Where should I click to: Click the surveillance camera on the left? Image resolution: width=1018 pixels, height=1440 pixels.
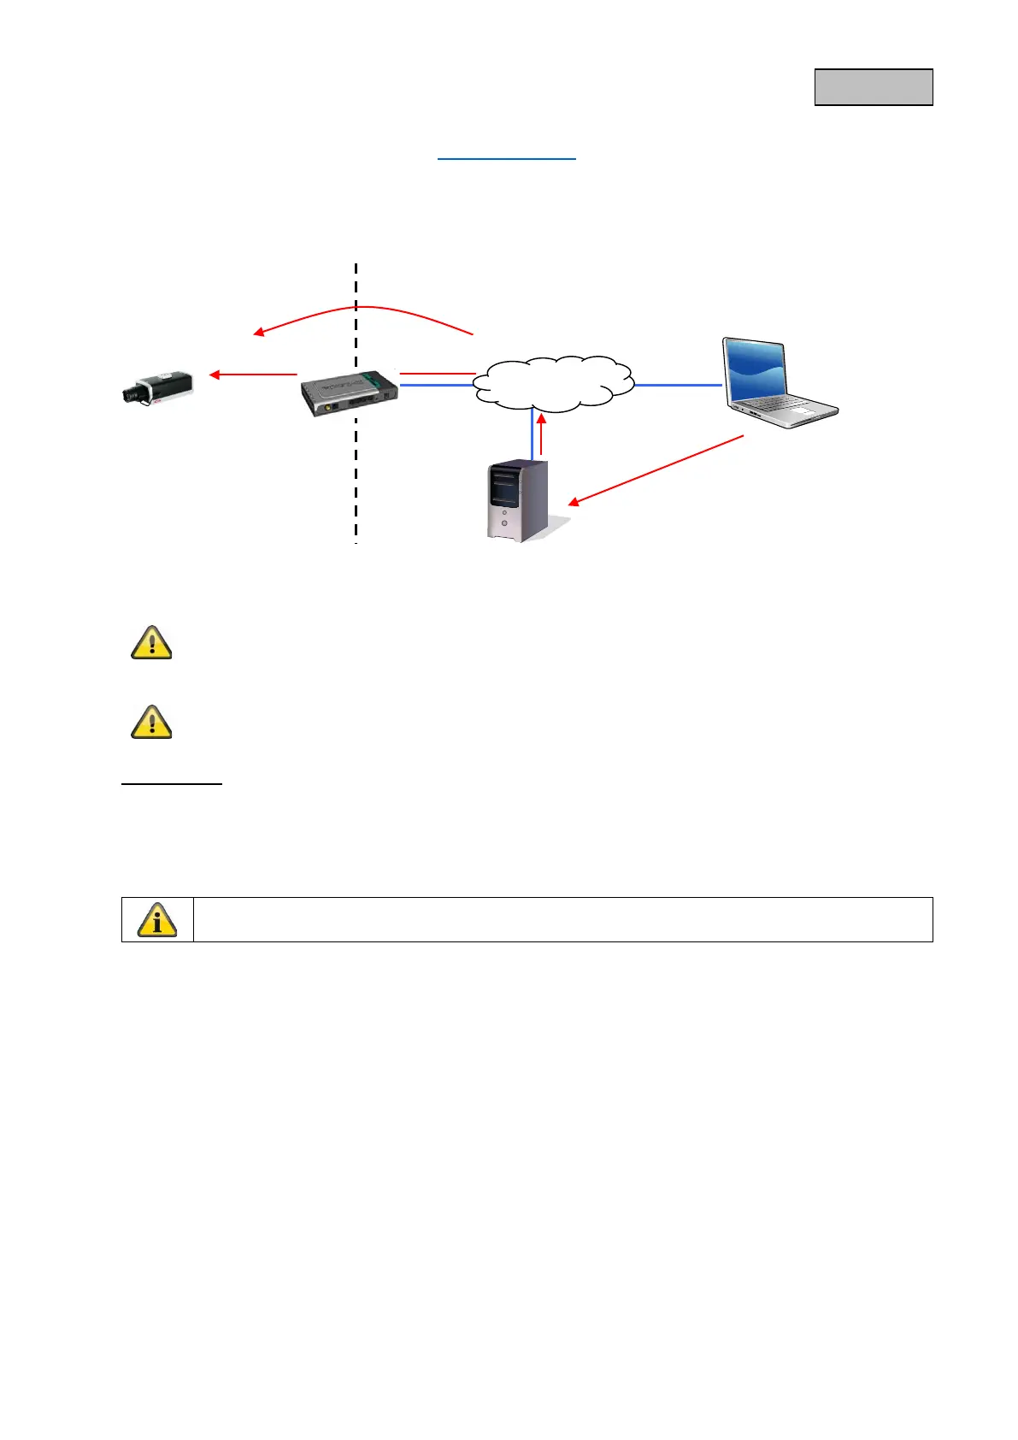[158, 387]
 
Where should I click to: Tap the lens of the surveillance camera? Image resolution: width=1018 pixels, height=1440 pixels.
[130, 394]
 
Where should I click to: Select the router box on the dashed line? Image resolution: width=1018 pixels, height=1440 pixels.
[350, 392]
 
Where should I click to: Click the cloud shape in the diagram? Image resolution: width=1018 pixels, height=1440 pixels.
[554, 382]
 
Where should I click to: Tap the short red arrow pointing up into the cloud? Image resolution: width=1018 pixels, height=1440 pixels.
[541, 432]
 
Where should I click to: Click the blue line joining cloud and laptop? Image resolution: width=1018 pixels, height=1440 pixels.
[678, 386]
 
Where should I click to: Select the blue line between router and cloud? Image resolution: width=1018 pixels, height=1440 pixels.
[436, 386]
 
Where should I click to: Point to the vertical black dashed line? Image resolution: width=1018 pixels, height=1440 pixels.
[356, 479]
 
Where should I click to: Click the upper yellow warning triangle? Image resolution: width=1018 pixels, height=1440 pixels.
[152, 642]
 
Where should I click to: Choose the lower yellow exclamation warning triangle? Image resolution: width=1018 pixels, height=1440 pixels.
[152, 723]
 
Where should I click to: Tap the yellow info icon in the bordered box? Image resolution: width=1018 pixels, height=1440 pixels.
[157, 920]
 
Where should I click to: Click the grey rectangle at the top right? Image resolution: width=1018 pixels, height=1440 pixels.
[873, 87]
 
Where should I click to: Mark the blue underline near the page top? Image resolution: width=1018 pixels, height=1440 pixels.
[507, 159]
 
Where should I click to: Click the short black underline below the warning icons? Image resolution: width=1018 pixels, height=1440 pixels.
[172, 783]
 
